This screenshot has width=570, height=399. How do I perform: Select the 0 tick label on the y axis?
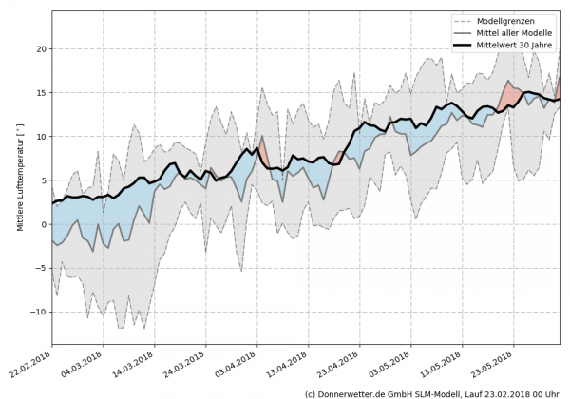coord(42,224)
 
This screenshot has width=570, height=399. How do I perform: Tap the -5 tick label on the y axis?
coord(39,268)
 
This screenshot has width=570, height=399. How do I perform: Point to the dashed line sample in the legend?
coord(463,20)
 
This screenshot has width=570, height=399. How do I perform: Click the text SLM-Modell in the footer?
coord(437,392)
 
